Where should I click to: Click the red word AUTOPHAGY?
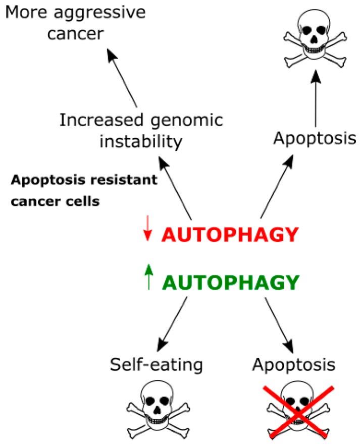(227, 236)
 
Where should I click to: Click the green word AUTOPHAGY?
(228, 284)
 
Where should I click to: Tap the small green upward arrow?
(148, 278)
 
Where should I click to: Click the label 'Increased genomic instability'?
(140, 131)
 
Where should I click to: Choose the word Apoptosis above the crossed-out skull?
(294, 363)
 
